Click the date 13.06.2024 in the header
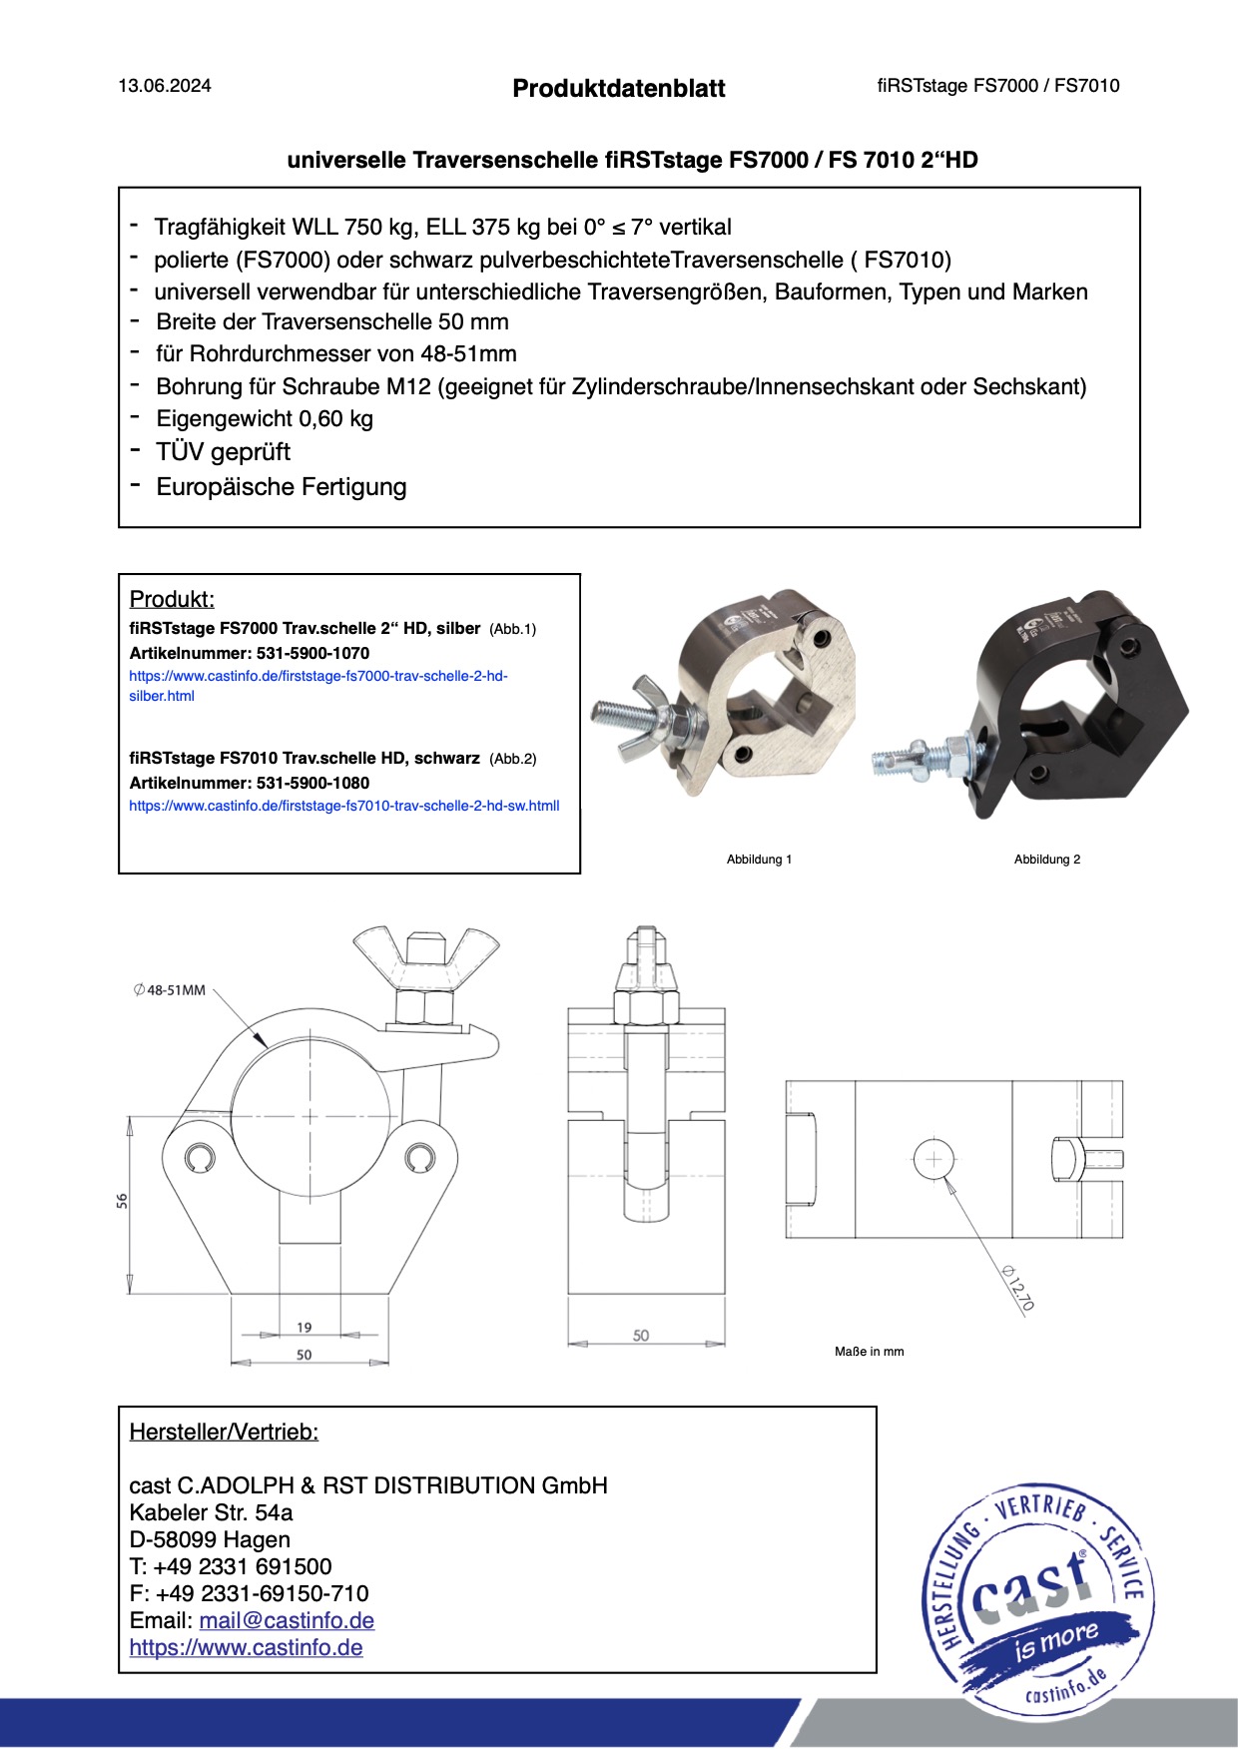click(x=165, y=86)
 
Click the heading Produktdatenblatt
click(x=619, y=89)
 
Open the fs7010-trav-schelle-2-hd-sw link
click(x=343, y=806)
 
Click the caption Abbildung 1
click(x=759, y=860)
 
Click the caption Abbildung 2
click(x=1047, y=860)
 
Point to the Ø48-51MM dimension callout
click(x=170, y=990)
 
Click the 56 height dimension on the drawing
click(x=122, y=1201)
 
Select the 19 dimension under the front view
click(x=305, y=1327)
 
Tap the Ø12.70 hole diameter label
click(x=1019, y=1288)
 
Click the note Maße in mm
click(x=869, y=1352)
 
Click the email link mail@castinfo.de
click(x=287, y=1621)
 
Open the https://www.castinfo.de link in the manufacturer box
click(x=246, y=1648)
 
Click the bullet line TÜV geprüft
click(x=223, y=452)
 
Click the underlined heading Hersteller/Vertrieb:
click(x=224, y=1433)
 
